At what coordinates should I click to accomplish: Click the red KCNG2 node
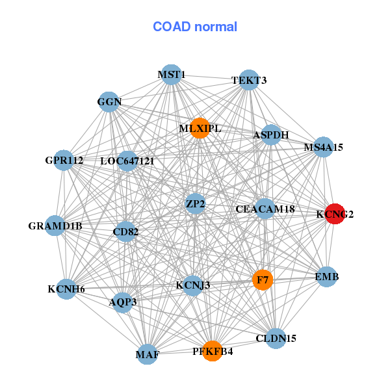point(334,214)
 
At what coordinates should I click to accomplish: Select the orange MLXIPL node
point(200,128)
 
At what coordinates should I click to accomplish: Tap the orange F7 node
point(263,280)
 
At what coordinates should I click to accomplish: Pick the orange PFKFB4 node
point(212,351)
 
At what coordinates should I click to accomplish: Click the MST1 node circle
point(171,75)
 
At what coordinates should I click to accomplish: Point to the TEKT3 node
point(249,81)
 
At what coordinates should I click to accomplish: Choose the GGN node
point(110,101)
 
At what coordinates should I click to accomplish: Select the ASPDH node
point(271,135)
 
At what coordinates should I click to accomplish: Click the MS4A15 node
point(323,148)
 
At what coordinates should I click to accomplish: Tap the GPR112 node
point(64,160)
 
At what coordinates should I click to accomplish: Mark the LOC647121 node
point(127,161)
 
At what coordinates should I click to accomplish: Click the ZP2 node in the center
point(195,204)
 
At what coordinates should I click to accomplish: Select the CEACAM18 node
point(265,209)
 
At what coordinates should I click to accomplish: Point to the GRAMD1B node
point(55,226)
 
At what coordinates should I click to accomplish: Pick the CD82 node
point(125,231)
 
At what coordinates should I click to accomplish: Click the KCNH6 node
point(66,289)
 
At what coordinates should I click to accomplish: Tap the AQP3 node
point(123,302)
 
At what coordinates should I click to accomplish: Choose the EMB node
point(326,278)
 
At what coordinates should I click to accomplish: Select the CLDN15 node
point(276,338)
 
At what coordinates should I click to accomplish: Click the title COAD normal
point(195,27)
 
